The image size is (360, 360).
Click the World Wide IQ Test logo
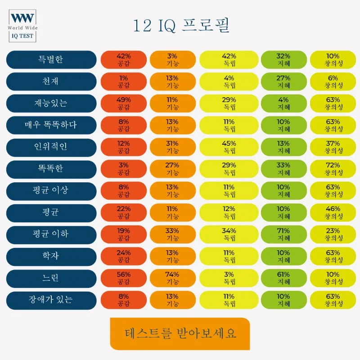coord(23,25)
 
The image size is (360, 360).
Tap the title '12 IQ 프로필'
coord(181,26)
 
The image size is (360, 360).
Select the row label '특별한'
coord(51,60)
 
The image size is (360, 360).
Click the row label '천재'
coord(51,81)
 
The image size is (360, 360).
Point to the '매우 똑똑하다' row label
coord(51,125)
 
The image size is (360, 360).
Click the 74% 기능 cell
coord(172,278)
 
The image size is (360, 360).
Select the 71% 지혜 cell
coord(283,234)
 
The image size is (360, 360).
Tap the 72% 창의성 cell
coord(333,169)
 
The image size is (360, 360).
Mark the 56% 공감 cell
coord(123,278)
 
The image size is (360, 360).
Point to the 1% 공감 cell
coord(123,81)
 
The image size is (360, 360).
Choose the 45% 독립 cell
coord(229,147)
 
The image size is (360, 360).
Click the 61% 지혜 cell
coord(283,278)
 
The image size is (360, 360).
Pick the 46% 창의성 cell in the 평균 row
coord(333,212)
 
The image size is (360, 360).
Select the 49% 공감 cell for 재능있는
coord(123,103)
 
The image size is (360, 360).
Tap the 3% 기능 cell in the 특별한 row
coord(172,60)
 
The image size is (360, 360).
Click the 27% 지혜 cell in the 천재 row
coord(283,81)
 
